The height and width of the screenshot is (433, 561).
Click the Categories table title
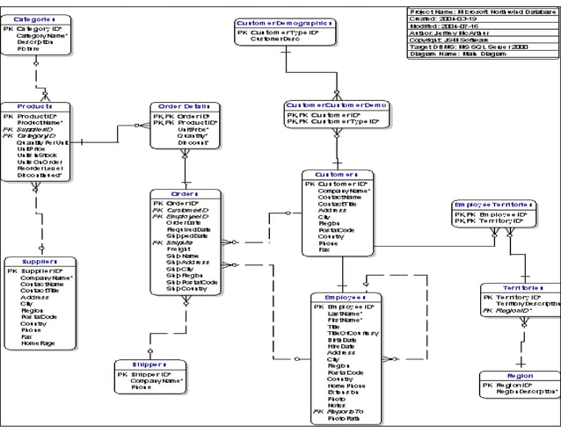tap(36, 18)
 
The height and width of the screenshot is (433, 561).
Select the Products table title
tap(35, 106)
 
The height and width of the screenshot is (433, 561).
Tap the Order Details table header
tap(184, 106)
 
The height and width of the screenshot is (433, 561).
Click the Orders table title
tap(185, 193)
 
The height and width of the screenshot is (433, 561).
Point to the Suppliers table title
tap(39, 261)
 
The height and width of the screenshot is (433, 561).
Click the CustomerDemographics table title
tap(284, 24)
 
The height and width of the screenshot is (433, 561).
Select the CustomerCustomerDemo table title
tap(337, 105)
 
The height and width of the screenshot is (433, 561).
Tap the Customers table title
tap(337, 174)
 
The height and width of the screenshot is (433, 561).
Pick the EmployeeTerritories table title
tap(493, 205)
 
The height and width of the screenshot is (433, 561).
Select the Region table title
tap(520, 375)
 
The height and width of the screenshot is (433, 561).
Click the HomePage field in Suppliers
tap(38, 343)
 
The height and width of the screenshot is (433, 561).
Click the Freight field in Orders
tap(178, 249)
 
